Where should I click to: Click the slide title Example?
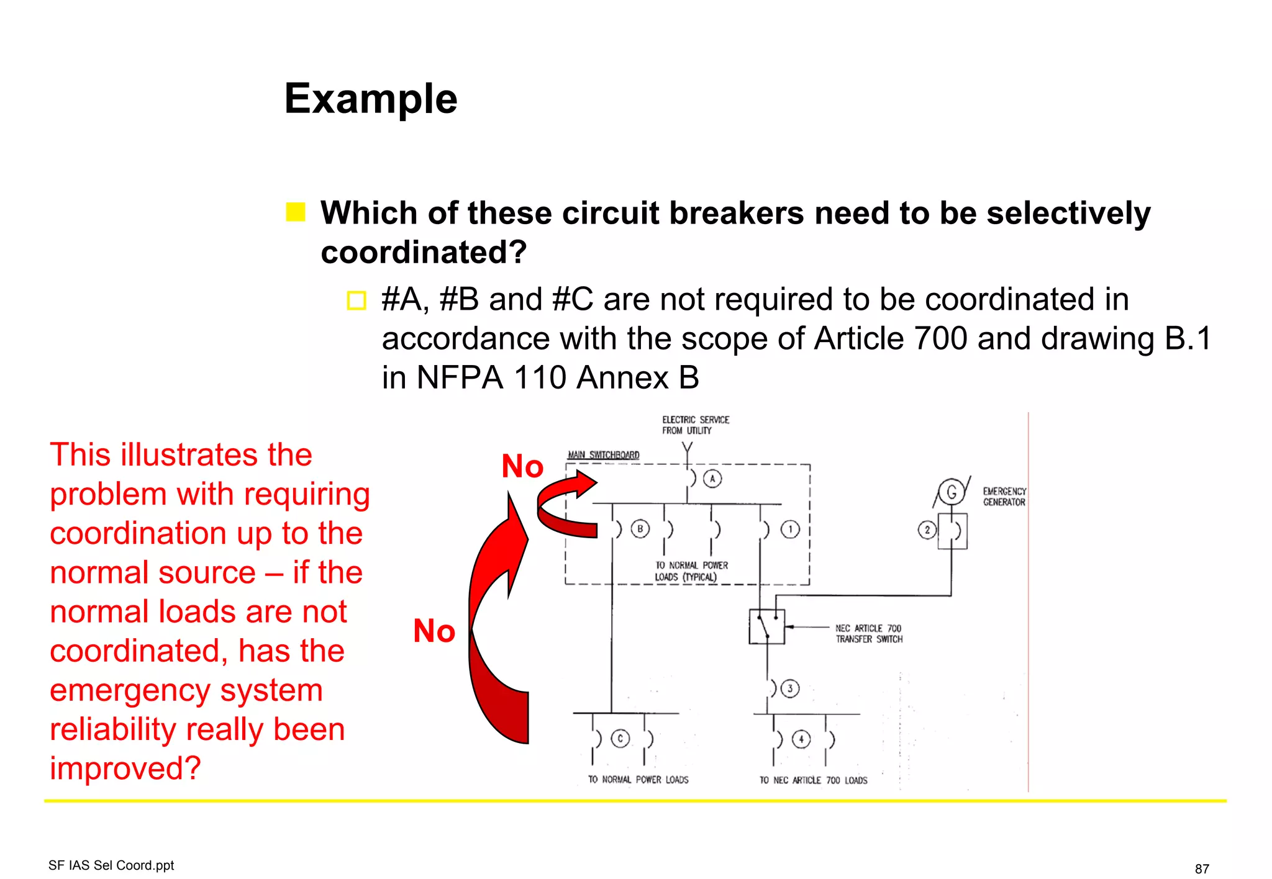pos(371,99)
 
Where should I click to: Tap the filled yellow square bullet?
pos(296,212)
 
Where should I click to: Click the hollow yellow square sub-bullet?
pos(357,300)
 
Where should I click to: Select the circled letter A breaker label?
pos(712,479)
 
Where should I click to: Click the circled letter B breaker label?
pos(640,529)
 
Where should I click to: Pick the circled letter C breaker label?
pos(620,738)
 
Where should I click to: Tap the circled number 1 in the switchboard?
pos(790,530)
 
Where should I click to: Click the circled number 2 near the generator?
pos(927,530)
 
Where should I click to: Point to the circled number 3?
pos(789,688)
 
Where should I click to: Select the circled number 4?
pos(801,739)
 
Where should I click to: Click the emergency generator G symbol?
pos(951,492)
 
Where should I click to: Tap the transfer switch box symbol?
pos(767,626)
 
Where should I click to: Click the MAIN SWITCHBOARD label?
pos(603,455)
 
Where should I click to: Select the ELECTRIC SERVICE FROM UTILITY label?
pos(695,425)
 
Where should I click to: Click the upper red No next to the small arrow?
pos(522,466)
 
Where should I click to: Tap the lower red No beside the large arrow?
pos(434,631)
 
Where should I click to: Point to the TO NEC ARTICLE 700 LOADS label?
pos(813,780)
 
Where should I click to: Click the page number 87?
pos(1202,868)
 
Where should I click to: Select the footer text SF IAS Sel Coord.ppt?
pos(111,865)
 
